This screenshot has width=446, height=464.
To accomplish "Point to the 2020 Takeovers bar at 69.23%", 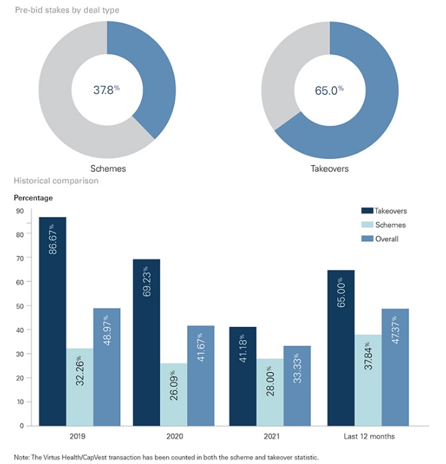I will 146,342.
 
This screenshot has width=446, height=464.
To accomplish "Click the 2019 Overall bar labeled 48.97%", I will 107,367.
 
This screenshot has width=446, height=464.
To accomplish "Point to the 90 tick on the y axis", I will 19,211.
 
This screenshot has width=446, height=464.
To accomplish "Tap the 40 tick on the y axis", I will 19,330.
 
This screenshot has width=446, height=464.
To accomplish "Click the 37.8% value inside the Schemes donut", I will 106,89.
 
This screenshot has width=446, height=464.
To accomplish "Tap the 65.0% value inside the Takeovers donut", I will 329,89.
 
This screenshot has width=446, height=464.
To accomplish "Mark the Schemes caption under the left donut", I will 107,169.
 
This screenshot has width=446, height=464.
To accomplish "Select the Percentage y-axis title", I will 34,198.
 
